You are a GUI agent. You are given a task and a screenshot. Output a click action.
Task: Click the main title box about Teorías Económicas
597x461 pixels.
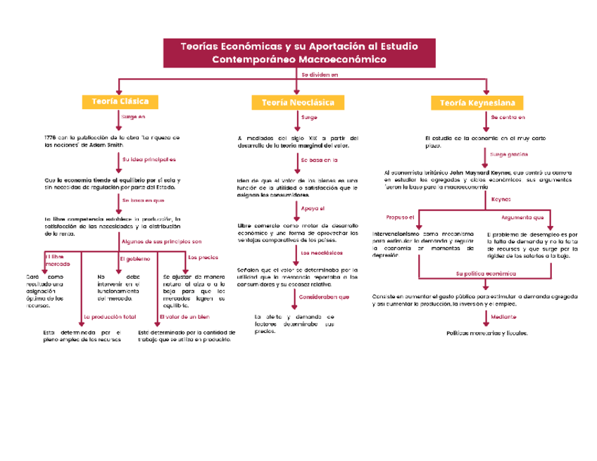pyautogui.click(x=299, y=53)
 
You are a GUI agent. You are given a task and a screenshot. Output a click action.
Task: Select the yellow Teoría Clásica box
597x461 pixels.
pyautogui.click(x=119, y=101)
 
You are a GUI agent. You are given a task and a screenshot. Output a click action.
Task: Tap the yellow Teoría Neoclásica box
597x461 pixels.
pyautogui.click(x=298, y=103)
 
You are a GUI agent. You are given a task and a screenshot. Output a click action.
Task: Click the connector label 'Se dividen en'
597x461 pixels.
pyautogui.click(x=320, y=74)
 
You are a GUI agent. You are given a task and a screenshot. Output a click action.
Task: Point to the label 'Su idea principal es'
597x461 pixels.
pyautogui.click(x=149, y=160)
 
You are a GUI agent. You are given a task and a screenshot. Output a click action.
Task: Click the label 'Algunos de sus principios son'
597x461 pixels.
pyautogui.click(x=161, y=241)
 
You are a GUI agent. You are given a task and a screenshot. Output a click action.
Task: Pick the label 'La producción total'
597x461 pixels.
pyautogui.click(x=109, y=317)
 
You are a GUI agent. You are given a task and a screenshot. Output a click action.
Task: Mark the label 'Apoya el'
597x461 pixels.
pyautogui.click(x=313, y=209)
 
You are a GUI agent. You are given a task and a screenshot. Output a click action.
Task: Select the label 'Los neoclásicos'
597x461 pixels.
pyautogui.click(x=321, y=252)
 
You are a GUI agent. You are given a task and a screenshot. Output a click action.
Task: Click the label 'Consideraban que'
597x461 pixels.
pyautogui.click(x=324, y=297)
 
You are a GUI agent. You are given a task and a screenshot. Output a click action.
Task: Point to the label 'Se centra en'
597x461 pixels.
pyautogui.click(x=508, y=117)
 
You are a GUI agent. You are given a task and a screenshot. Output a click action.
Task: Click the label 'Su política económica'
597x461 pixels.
pyautogui.click(x=486, y=273)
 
